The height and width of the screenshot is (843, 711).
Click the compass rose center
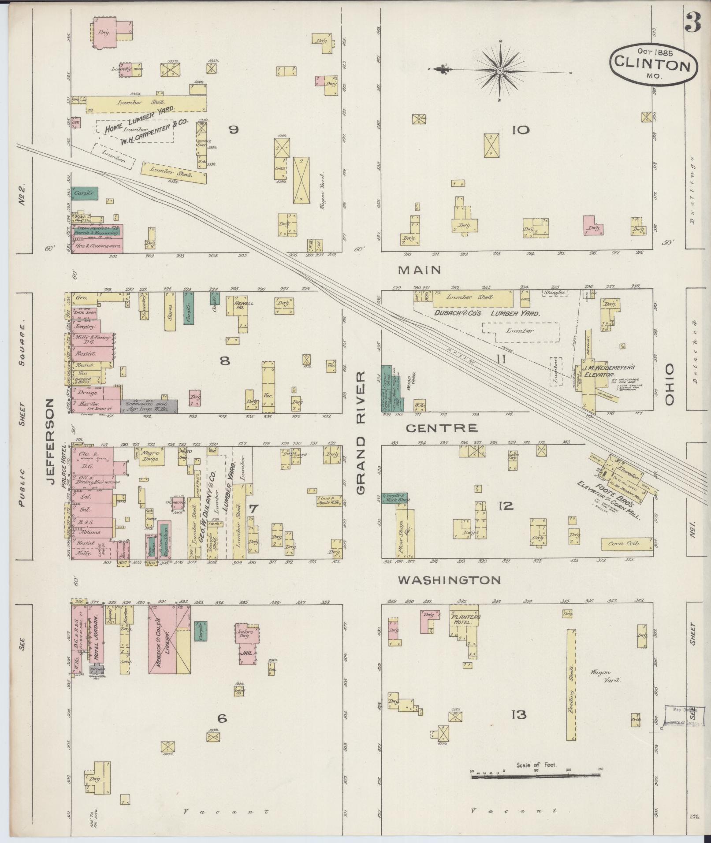coord(500,71)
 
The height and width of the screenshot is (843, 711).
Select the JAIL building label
coord(247,653)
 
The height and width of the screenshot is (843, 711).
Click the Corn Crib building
coord(627,544)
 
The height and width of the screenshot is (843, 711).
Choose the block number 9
coord(234,130)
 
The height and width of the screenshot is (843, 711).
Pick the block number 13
coord(518,714)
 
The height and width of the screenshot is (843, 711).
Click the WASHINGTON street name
coord(449,580)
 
